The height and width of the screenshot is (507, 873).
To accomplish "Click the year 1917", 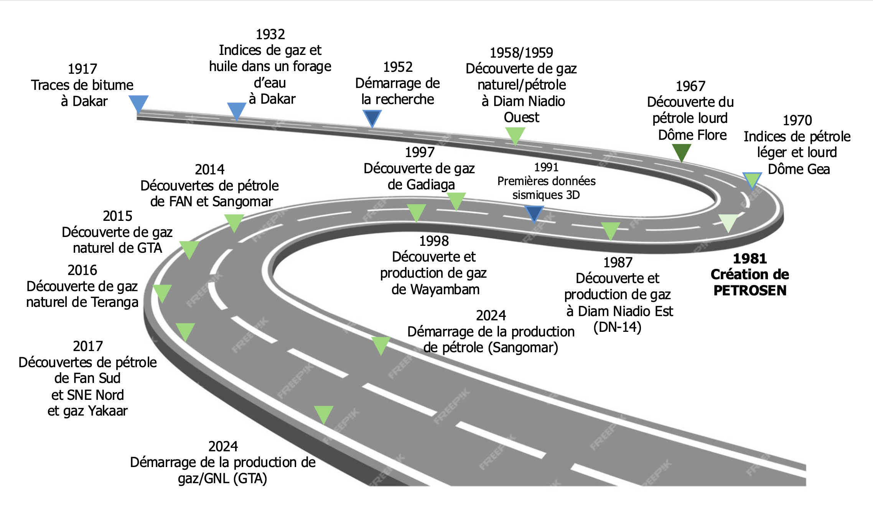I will pyautogui.click(x=82, y=69).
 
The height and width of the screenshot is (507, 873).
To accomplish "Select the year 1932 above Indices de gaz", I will pyautogui.click(x=270, y=35).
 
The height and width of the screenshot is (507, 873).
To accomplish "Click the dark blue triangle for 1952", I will pyautogui.click(x=372, y=118).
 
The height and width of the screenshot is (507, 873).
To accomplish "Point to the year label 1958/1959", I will pyautogui.click(x=522, y=53).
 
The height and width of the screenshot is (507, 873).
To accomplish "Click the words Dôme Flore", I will pyautogui.click(x=692, y=135).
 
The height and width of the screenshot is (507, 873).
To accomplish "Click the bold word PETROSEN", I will pyautogui.click(x=750, y=291).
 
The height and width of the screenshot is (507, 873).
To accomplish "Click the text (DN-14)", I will pyautogui.click(x=617, y=327).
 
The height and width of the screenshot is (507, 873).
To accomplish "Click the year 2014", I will pyautogui.click(x=209, y=169).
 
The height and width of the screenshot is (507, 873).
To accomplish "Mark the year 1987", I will pyautogui.click(x=618, y=262).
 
